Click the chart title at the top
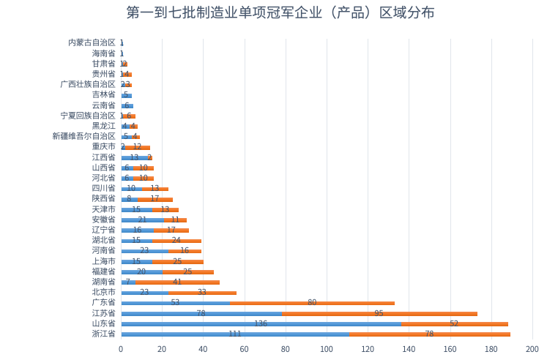click(x=280, y=13)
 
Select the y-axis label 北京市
click(x=103, y=292)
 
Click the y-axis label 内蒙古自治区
click(x=92, y=42)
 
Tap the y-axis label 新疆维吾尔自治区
click(x=83, y=136)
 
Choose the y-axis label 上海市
click(x=103, y=261)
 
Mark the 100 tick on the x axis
click(x=327, y=349)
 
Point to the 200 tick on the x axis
click(x=532, y=349)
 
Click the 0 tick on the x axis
click(x=121, y=349)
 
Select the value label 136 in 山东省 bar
click(x=261, y=323)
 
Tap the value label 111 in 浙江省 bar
click(x=234, y=334)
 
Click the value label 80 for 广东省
click(x=312, y=302)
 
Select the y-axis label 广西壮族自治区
click(x=87, y=84)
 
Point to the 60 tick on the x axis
click(x=244, y=349)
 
